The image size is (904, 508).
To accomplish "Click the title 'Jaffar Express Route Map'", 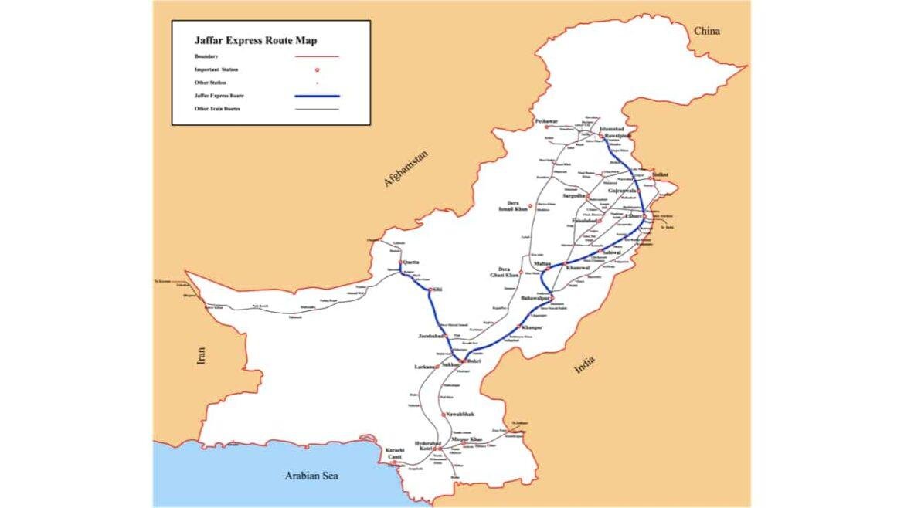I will (x=255, y=41).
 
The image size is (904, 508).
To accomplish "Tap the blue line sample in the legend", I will (x=317, y=96).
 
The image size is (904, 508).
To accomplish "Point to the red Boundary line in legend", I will (x=317, y=56).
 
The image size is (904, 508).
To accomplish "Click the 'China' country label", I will (x=706, y=31).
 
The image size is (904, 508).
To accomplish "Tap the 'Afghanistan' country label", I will (x=405, y=169).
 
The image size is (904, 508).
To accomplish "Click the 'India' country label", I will (x=585, y=367).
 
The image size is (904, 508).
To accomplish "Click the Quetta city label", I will (x=411, y=262).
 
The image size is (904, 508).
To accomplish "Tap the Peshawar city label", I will (x=546, y=122).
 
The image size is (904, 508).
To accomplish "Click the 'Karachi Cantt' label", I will (x=395, y=453).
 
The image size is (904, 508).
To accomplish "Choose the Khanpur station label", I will (x=533, y=327).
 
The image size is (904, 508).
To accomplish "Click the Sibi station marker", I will (x=430, y=290).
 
